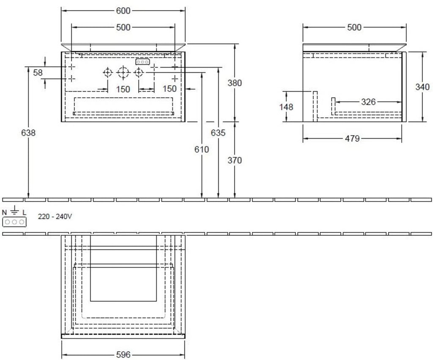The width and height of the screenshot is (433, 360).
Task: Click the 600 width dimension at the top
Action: tap(123, 11)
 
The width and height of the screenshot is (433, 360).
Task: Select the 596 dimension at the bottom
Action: tap(123, 355)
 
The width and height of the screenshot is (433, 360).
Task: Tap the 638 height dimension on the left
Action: tap(28, 133)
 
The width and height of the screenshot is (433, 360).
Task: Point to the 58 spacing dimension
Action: tap(38, 73)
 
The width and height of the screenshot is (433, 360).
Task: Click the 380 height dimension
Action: tap(235, 83)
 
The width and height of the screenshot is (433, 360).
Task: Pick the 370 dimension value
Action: tap(235, 160)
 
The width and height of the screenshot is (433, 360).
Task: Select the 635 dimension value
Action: tap(218, 133)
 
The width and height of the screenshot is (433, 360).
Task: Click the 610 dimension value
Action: tap(202, 149)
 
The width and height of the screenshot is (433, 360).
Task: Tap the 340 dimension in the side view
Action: tap(422, 87)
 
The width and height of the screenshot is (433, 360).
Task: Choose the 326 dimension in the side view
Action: tap(368, 102)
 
